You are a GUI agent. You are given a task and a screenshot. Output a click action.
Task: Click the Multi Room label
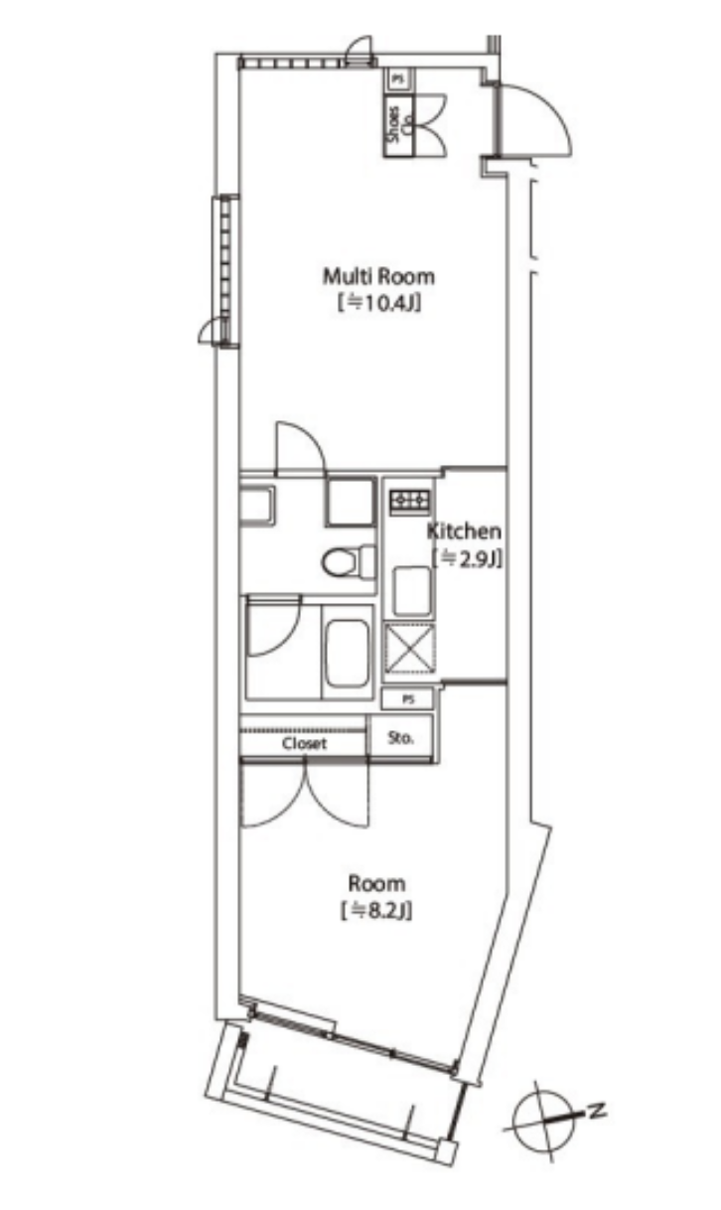point(378,276)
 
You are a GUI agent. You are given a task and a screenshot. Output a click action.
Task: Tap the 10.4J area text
point(378,304)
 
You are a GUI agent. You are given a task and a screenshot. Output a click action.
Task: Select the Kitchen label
point(464,531)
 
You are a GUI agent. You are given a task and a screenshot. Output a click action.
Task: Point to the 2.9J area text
point(467,558)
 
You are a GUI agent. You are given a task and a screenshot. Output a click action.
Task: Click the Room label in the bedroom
point(376,884)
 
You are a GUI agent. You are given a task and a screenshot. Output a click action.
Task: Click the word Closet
point(304,744)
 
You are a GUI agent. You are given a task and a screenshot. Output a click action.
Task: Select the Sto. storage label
point(401,738)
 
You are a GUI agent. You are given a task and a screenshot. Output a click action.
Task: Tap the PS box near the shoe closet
point(399,78)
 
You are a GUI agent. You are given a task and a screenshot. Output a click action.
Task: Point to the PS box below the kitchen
point(408,699)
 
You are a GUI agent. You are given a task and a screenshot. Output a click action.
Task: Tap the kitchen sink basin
point(412,591)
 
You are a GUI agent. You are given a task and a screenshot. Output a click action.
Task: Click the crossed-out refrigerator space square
point(410,650)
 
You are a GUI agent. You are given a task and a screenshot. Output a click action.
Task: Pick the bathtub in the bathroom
point(348,653)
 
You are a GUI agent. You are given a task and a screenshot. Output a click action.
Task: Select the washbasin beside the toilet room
point(256,504)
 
